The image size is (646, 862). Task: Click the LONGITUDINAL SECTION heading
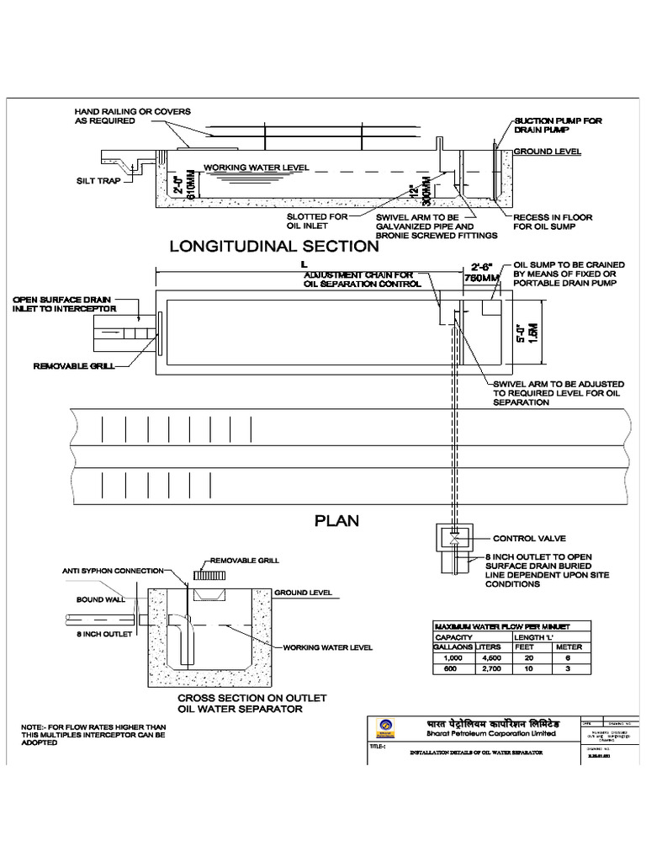274,247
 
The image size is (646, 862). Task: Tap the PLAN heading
336,520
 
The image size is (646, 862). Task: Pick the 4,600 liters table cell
488,658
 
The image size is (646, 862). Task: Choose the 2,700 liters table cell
488,668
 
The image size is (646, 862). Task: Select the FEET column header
524,647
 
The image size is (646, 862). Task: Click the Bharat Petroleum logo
386,726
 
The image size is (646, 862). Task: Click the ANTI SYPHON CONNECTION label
112,571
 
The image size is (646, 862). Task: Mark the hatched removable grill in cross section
207,575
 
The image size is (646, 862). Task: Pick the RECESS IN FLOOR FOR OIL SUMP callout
553,222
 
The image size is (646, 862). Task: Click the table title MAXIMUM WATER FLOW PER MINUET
501,627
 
